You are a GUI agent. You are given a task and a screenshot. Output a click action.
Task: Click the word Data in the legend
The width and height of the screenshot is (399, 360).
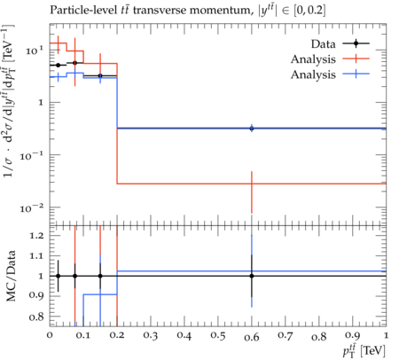[x=323, y=44]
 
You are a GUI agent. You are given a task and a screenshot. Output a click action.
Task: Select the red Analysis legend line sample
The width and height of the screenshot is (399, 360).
[x=356, y=59]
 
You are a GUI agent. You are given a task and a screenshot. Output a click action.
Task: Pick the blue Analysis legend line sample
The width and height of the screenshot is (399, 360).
[x=356, y=74]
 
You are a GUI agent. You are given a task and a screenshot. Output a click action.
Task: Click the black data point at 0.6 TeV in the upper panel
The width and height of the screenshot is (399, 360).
[x=252, y=129]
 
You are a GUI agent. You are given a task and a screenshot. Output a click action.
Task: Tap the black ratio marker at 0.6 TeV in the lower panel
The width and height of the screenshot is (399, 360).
[x=252, y=276]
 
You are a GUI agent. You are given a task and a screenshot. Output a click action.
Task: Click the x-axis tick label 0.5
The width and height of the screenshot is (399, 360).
[x=218, y=335]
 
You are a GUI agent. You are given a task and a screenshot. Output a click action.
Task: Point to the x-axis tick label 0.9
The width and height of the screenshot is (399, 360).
[x=353, y=335]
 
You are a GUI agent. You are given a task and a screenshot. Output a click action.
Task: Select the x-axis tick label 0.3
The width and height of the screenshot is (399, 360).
[x=151, y=335]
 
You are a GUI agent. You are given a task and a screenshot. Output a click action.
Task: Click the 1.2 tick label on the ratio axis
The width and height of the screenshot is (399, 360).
[x=36, y=235]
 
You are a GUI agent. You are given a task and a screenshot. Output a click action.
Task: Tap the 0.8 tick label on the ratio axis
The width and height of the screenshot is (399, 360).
[x=36, y=317]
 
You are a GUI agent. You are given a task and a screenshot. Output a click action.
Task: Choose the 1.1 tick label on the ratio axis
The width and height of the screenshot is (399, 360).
[x=36, y=255]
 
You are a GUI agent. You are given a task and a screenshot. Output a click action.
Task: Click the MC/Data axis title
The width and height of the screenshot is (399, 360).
[x=11, y=276]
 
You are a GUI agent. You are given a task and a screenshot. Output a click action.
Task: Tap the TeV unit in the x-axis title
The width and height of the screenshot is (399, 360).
[x=373, y=351]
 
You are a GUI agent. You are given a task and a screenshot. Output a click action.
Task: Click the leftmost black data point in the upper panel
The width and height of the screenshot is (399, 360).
[x=59, y=65]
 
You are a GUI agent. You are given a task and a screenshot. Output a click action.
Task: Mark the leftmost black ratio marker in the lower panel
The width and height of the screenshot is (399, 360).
[x=59, y=276]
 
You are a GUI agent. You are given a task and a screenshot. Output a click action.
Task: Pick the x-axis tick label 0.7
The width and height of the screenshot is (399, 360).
[x=286, y=335]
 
